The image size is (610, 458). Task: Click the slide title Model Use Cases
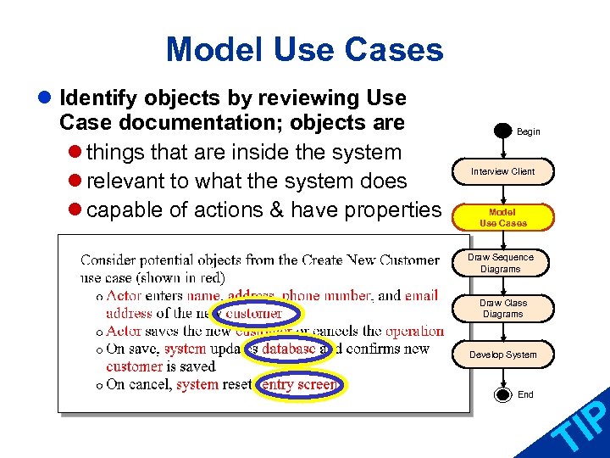pos(304,49)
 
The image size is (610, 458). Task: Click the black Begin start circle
pos(502,132)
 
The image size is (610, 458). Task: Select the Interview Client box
pos(502,171)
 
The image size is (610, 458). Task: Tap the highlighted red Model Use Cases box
pos(502,217)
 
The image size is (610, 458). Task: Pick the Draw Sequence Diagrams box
pos(502,263)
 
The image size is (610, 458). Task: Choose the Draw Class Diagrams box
pos(502,309)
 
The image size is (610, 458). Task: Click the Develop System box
pos(502,355)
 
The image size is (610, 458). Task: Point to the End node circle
pos(502,394)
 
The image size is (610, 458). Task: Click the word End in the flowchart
pos(526,394)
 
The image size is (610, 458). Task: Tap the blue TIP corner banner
pos(576,428)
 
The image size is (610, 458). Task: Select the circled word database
pos(288,349)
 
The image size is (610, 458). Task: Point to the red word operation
pos(414,331)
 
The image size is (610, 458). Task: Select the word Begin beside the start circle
pos(529,132)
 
